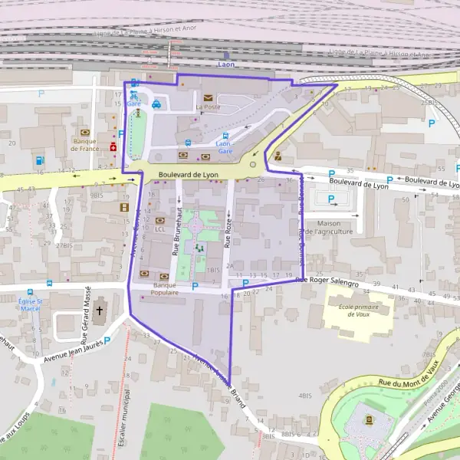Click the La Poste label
tap(208, 107)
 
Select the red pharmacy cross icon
tap(113, 146)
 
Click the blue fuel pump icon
tap(39, 160)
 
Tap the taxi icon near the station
tap(156, 105)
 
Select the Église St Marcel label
tap(31, 305)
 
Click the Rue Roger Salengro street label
tap(327, 282)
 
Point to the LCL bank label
tap(159, 228)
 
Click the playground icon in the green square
tap(199, 248)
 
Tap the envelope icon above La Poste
tap(208, 97)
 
